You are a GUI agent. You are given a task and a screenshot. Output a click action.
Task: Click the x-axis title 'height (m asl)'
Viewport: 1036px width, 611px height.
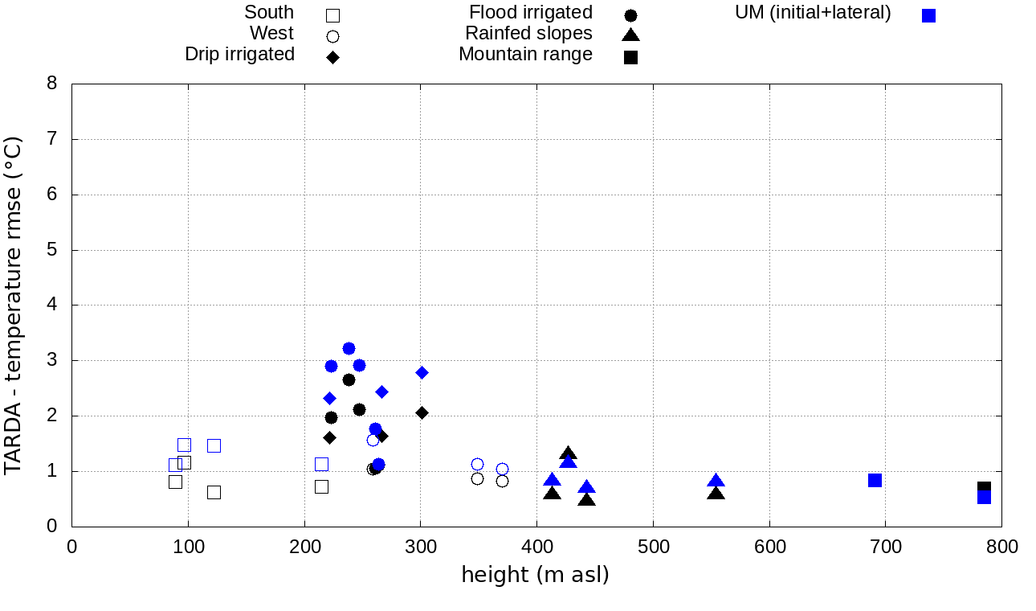pyautogui.click(x=535, y=576)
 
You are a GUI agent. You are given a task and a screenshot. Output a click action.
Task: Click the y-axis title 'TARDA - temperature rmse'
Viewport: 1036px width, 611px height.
pyautogui.click(x=14, y=305)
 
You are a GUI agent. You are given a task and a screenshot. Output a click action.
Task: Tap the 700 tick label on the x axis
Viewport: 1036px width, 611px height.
pyautogui.click(x=886, y=547)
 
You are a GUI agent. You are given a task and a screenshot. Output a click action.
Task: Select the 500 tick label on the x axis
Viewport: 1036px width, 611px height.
pyautogui.click(x=653, y=547)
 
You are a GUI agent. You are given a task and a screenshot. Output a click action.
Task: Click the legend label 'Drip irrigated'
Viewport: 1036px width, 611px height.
pyautogui.click(x=239, y=55)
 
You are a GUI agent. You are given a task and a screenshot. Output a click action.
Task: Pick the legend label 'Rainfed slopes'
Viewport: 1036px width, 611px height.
pyautogui.click(x=528, y=34)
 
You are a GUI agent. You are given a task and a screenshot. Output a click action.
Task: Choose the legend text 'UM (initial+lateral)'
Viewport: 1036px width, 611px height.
pyautogui.click(x=813, y=13)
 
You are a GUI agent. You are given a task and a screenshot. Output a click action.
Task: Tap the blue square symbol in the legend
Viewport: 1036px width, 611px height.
pyautogui.click(x=928, y=15)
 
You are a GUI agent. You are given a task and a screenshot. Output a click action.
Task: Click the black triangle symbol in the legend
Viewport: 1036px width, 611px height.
pyautogui.click(x=630, y=35)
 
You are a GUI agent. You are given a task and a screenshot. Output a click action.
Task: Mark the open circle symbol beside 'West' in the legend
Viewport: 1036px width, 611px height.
pyautogui.click(x=332, y=36)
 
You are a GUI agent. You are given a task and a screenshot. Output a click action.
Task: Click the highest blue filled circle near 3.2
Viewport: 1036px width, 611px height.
pyautogui.click(x=349, y=348)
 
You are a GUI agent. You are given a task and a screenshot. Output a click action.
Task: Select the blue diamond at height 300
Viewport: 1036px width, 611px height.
pyautogui.click(x=422, y=372)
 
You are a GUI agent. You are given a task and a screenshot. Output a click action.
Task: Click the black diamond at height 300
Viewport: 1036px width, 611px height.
pyautogui.click(x=422, y=412)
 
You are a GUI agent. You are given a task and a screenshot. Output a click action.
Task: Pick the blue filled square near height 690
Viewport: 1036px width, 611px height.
pyautogui.click(x=875, y=480)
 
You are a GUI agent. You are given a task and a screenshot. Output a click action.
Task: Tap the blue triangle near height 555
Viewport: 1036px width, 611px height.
pyautogui.click(x=716, y=481)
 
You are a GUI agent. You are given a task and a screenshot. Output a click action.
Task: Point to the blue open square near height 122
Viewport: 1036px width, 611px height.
pyautogui.click(x=214, y=445)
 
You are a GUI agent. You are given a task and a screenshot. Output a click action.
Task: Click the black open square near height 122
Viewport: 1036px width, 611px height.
pyautogui.click(x=214, y=492)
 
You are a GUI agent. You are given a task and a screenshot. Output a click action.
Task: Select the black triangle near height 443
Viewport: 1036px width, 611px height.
pyautogui.click(x=587, y=499)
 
